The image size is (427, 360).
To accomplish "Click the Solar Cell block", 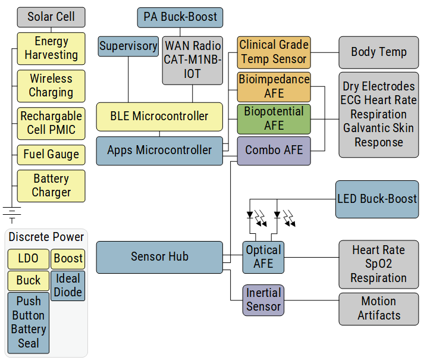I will tap(51, 17).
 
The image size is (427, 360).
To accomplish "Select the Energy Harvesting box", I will tap(51, 48).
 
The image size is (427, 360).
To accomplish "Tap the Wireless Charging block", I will tap(51, 85).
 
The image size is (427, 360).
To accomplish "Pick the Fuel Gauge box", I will tap(51, 155).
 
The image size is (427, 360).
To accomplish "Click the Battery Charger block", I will tap(51, 186).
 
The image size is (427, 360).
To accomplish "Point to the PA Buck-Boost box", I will tap(180, 17).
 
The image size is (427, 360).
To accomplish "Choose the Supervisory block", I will tap(128, 46).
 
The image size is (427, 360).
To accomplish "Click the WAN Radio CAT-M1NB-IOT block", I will tap(192, 60).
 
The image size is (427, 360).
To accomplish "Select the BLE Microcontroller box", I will tap(159, 116).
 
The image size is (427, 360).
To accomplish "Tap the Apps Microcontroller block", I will tap(159, 150).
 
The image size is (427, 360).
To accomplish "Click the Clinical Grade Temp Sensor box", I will tap(274, 52).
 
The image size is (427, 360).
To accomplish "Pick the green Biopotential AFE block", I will tap(274, 118).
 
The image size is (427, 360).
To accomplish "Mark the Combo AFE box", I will tap(274, 151).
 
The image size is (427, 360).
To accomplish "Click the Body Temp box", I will tap(378, 52).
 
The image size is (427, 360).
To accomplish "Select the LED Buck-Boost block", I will tap(376, 199).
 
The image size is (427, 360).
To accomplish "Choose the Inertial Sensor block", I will tap(263, 300).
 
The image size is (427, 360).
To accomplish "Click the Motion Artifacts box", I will tap(378, 308).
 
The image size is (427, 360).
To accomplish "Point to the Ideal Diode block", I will tap(68, 286).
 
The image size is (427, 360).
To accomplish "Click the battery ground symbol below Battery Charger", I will tap(12, 212).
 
